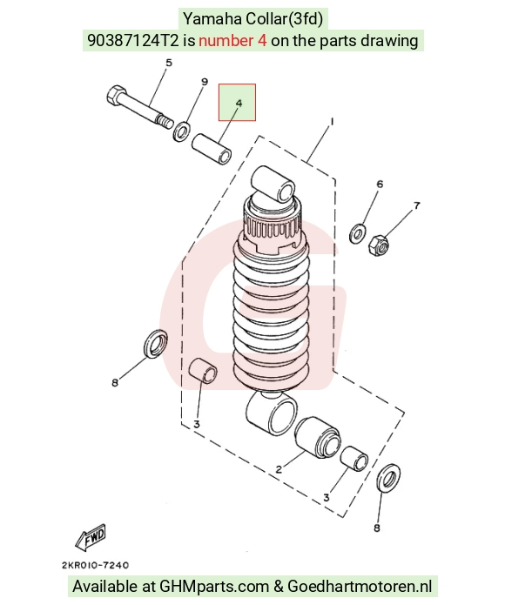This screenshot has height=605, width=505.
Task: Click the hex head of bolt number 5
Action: [115, 96]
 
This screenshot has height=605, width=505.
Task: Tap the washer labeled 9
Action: [181, 131]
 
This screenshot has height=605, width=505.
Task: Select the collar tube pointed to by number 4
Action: [212, 148]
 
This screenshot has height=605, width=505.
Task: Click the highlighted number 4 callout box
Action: [237, 102]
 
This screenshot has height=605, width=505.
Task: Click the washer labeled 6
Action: [358, 233]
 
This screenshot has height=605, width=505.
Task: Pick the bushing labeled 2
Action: [318, 437]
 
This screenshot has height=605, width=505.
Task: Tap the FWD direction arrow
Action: [91, 537]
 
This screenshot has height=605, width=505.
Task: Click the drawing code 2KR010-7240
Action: [95, 565]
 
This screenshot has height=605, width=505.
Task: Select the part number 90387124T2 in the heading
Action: [133, 40]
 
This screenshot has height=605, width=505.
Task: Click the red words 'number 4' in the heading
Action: [232, 40]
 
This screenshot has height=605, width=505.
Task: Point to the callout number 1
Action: [332, 122]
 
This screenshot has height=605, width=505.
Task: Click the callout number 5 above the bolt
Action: [169, 63]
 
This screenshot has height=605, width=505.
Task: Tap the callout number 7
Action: [417, 205]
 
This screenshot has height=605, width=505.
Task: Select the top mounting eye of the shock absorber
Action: [273, 184]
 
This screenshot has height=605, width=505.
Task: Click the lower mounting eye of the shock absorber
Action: [271, 413]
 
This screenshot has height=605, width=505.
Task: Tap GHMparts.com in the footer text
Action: [214, 586]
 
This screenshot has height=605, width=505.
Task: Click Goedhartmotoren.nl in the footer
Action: [360, 586]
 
